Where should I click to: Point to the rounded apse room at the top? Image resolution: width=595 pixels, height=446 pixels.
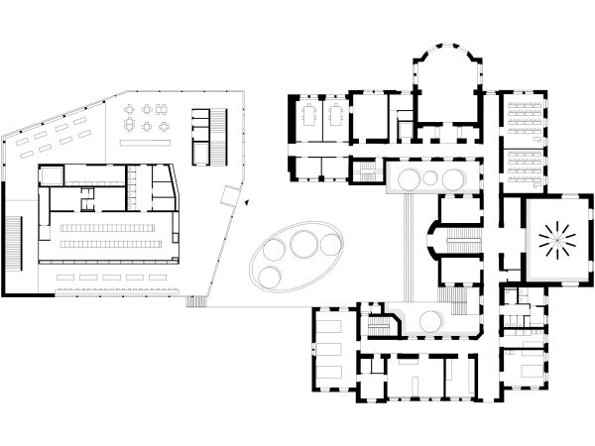[445, 68]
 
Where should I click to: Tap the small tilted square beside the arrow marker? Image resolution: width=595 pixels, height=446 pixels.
[230, 192]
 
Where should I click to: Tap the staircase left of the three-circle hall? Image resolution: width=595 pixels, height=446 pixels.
[368, 173]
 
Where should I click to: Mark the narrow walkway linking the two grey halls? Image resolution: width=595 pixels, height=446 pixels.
[409, 248]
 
